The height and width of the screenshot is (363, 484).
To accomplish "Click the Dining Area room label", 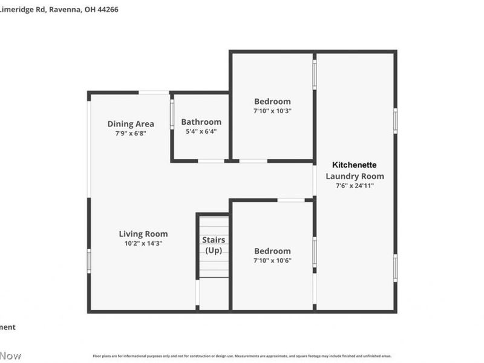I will coord(131,124).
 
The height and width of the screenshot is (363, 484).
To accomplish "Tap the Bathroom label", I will coord(201,122).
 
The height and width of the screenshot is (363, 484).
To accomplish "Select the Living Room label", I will coord(143,234).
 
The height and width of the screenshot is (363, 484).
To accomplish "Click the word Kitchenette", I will coord(355,165).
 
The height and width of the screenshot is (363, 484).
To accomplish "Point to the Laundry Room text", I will coord(355,176).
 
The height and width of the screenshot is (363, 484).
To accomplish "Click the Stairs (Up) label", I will coord(214,245).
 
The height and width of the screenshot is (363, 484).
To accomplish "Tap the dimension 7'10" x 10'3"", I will coord(272,111).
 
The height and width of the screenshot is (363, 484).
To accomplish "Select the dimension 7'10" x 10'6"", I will coord(272,260).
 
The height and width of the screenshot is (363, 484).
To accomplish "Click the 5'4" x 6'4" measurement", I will coord(201,131).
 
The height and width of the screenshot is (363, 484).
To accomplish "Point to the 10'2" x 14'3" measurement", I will coord(143,243).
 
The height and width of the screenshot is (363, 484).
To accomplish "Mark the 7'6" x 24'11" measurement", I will coord(355,186).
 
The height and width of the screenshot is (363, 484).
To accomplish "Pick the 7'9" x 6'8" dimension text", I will coord(131,133).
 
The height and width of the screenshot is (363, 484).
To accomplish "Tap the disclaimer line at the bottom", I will coord(241,356).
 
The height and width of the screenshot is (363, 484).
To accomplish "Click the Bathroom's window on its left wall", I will coord(172,113).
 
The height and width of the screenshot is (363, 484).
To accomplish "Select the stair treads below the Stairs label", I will coord(214,266).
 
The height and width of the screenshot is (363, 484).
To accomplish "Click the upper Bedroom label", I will coord(272,101).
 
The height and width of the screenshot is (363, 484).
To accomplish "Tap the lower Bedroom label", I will coord(272,250).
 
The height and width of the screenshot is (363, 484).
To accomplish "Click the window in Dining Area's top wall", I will coord(154,93).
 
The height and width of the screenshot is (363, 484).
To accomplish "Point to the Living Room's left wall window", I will coord(89,261).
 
